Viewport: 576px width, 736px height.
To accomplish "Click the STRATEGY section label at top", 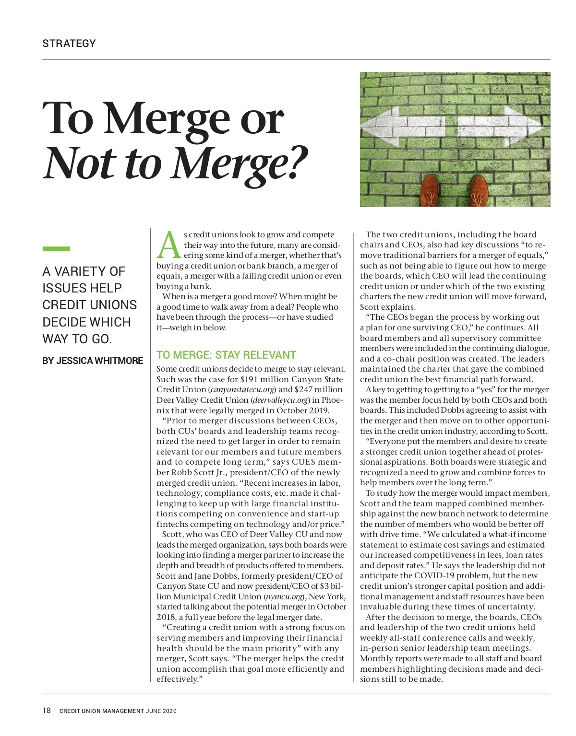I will point(69,44).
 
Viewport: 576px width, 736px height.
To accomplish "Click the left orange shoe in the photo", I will point(430,190).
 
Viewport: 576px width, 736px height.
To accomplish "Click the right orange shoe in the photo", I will point(479,190).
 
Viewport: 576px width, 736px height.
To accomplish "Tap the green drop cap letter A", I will point(169,245).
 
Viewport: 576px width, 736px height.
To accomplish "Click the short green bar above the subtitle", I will point(56,249).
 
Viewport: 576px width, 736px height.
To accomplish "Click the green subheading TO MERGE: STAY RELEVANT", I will point(226,355).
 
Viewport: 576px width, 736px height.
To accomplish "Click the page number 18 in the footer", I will point(47,711).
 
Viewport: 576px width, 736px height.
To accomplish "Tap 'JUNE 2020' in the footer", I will point(161,711).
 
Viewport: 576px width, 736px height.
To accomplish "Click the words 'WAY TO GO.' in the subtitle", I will point(77,339).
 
